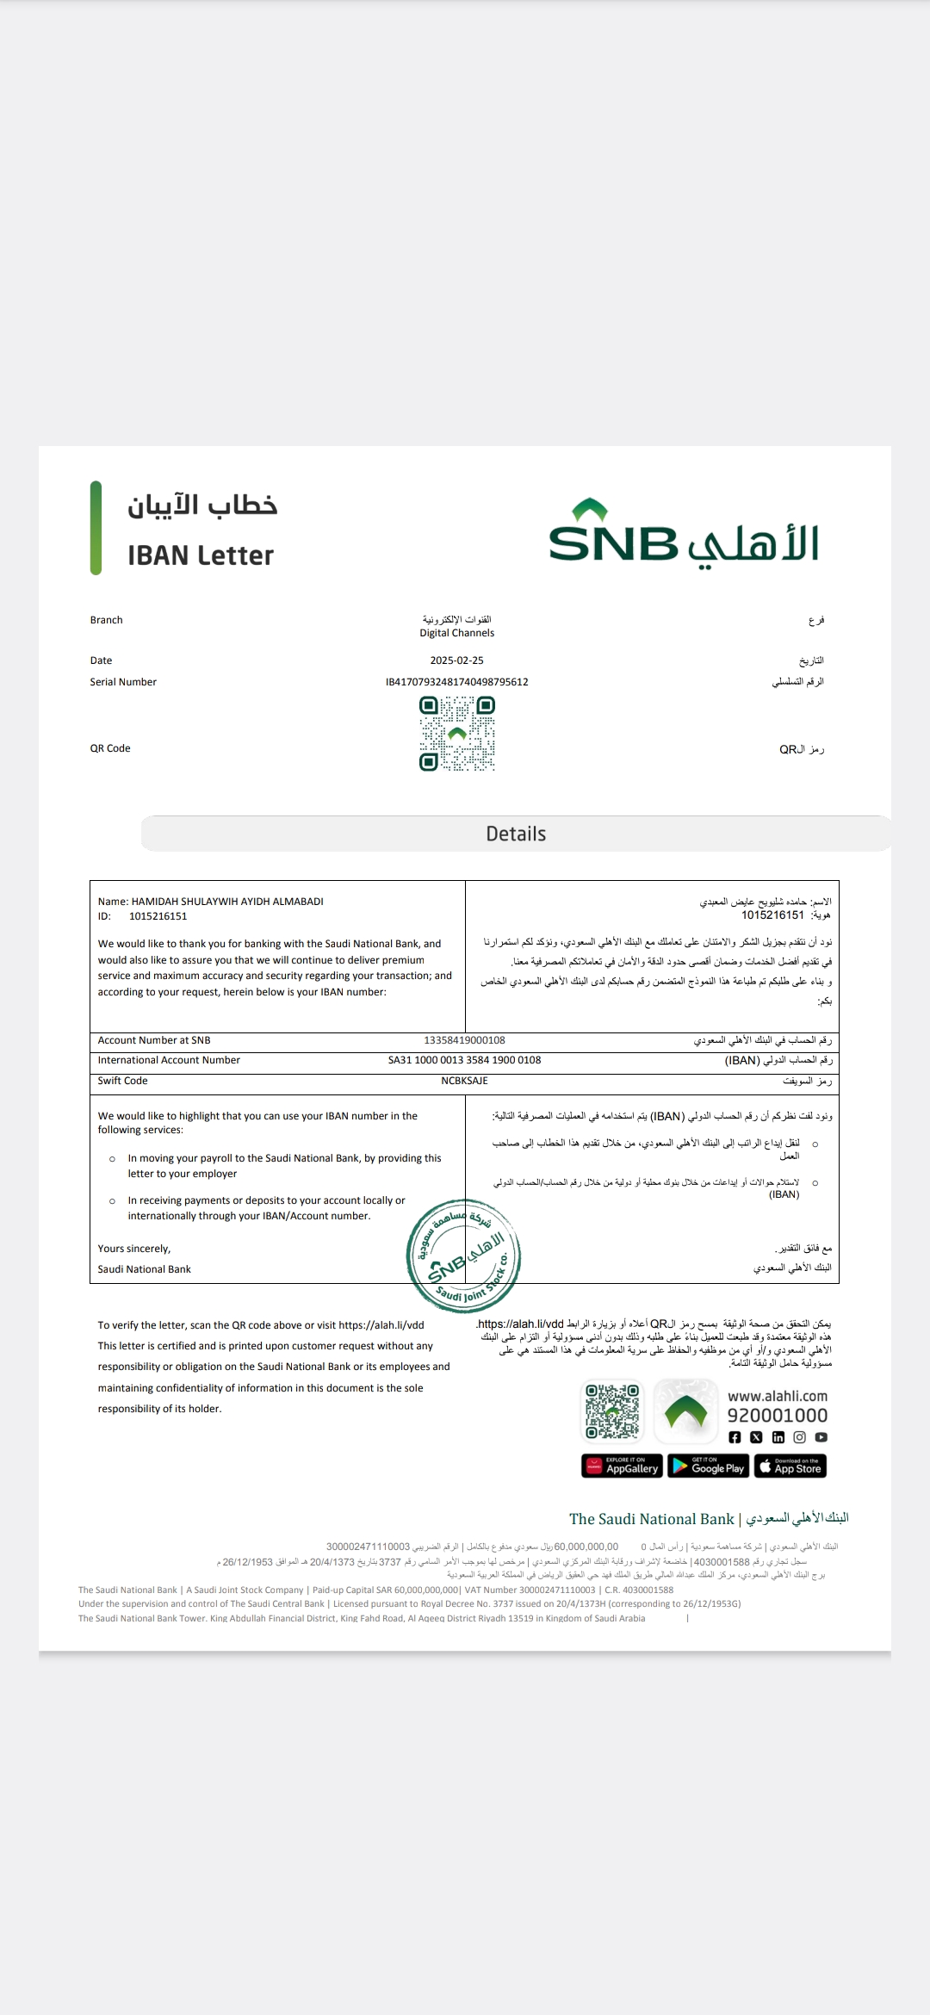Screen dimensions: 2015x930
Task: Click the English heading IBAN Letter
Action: tap(201, 555)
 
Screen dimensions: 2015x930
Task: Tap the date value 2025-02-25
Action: tap(456, 660)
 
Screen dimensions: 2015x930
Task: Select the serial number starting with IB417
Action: tap(456, 682)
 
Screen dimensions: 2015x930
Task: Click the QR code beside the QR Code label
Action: tap(457, 734)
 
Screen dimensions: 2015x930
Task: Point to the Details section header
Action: tap(516, 834)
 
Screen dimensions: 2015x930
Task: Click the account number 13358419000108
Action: tap(464, 1040)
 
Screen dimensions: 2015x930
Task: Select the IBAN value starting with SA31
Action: tap(464, 1060)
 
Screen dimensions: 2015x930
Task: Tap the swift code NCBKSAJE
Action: tap(464, 1081)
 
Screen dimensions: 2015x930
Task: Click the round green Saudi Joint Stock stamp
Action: tap(463, 1255)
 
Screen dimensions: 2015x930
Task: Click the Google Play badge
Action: tap(708, 1466)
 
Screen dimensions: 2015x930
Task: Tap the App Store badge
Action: tap(790, 1466)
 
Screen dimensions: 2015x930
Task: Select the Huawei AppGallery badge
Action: tap(622, 1466)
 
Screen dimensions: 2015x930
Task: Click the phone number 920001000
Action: tap(777, 1415)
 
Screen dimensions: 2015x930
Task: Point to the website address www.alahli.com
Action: tap(777, 1396)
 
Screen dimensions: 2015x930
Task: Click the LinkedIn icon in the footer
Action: tap(778, 1437)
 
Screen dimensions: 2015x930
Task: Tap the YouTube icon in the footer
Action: tap(821, 1437)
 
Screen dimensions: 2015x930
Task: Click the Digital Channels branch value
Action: tap(456, 633)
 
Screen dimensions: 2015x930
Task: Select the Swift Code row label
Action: tap(122, 1081)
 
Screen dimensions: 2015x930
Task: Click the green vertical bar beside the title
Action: tap(96, 527)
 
